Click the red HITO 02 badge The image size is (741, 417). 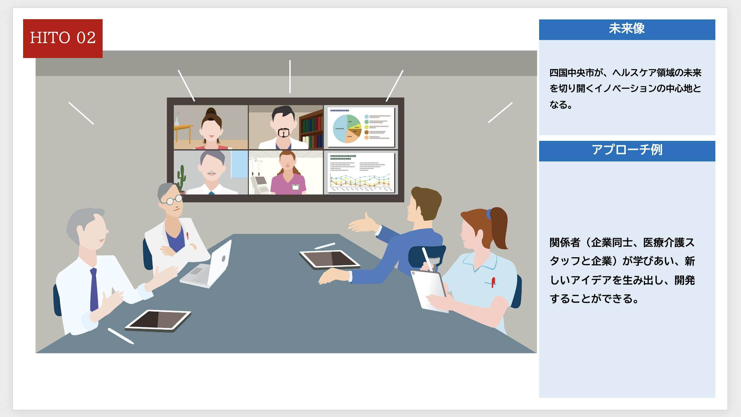click(63, 39)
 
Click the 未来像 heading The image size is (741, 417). click(627, 29)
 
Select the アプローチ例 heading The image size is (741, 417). click(627, 150)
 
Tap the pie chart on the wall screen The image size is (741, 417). click(347, 129)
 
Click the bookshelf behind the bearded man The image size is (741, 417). click(311, 129)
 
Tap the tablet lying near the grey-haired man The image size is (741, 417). click(158, 320)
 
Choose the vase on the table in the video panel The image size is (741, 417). click(177, 121)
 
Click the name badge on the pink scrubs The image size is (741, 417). click(295, 187)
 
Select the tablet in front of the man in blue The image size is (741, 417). click(329, 259)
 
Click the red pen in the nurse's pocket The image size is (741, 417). click(493, 282)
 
